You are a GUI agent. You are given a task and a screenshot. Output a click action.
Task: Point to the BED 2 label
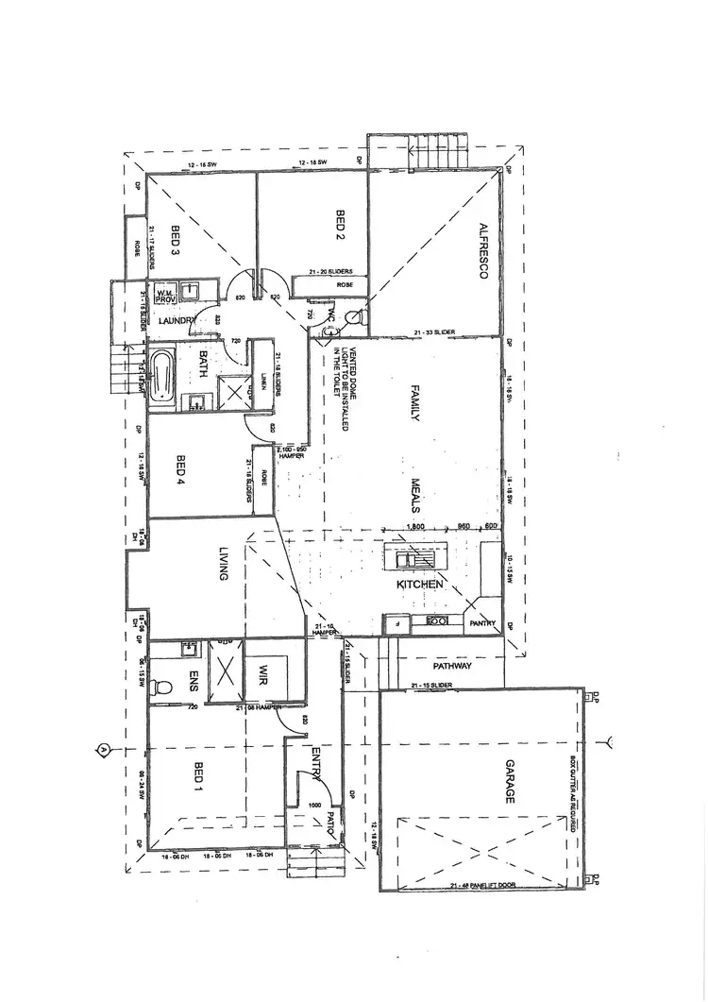pos(340,224)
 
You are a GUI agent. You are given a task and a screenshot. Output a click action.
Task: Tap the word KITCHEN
pos(420,586)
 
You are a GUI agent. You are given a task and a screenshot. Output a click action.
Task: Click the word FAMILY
pos(413,401)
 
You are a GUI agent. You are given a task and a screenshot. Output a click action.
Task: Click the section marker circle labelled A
pos(101,749)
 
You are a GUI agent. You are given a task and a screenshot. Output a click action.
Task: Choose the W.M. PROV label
pos(166,295)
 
